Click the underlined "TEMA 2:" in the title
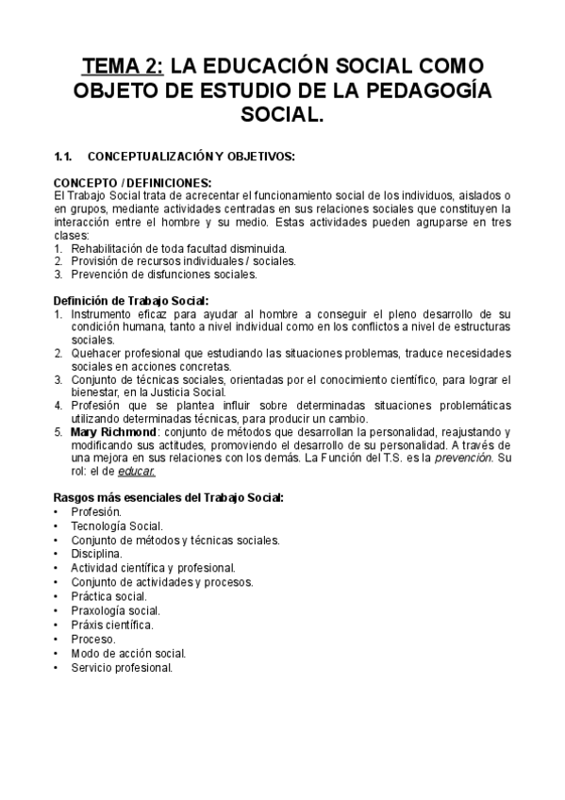[x=123, y=67]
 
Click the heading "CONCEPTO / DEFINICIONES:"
[x=132, y=182]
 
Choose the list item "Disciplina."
[x=96, y=554]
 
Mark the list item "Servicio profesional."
[x=122, y=667]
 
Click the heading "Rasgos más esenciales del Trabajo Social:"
[x=168, y=496]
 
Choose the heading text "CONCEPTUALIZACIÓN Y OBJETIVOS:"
[x=191, y=154]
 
